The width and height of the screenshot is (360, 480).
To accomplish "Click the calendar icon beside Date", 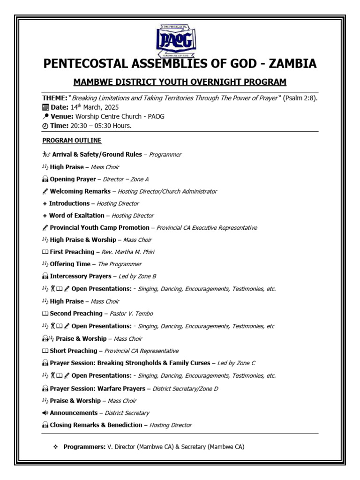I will pyautogui.click(x=45, y=107).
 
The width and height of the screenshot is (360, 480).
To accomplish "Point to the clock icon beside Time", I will pyautogui.click(x=45, y=126).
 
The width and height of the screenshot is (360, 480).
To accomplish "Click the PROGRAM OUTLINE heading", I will pyautogui.click(x=72, y=141).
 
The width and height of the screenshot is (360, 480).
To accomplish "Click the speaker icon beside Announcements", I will pyautogui.click(x=45, y=413).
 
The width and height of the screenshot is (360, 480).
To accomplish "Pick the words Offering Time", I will pyautogui.click(x=70, y=264).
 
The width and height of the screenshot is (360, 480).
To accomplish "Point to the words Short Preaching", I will pyautogui.click(x=74, y=351).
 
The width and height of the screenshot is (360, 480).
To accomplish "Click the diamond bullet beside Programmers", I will pyautogui.click(x=55, y=447).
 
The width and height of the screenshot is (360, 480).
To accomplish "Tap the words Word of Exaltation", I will pyautogui.click(x=76, y=216).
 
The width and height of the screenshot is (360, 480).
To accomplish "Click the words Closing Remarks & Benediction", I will pyautogui.click(x=96, y=425).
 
